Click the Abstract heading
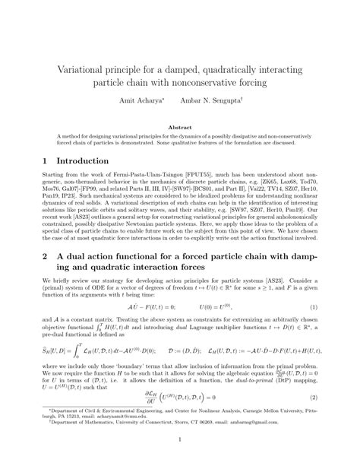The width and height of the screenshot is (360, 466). tap(179, 128)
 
